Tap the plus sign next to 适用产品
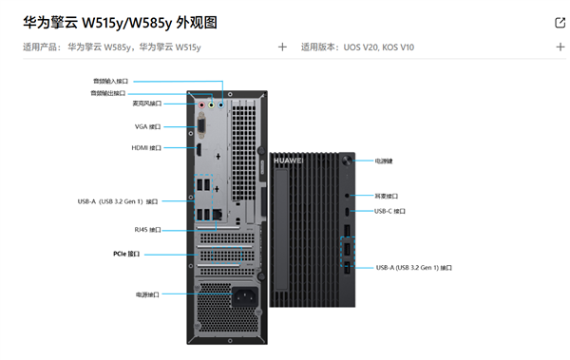click(282, 47)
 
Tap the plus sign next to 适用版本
click(560, 47)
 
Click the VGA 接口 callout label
click(147, 126)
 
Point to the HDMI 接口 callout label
click(146, 148)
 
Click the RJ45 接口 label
click(147, 229)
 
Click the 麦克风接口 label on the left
click(146, 104)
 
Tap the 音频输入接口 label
click(110, 82)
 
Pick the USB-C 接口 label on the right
click(389, 211)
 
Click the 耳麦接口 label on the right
click(386, 195)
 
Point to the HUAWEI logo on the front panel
click(288, 161)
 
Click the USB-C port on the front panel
click(348, 211)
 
